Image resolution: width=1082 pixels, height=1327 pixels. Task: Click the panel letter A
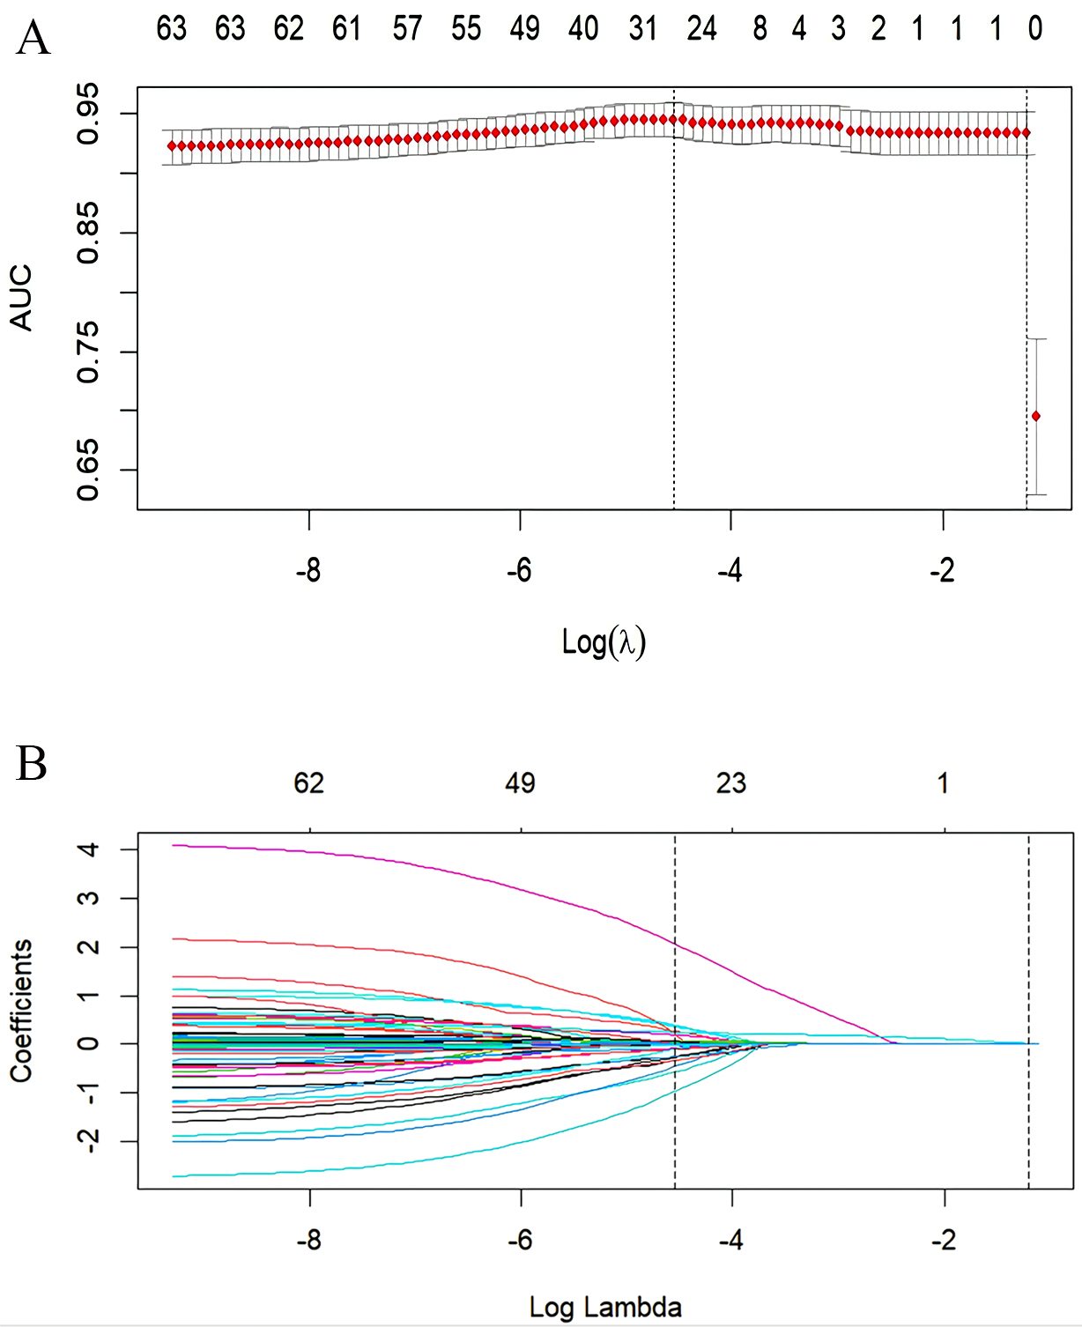pos(33,40)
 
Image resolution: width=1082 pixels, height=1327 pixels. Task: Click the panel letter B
pos(32,764)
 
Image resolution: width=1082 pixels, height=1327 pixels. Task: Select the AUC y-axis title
pos(21,298)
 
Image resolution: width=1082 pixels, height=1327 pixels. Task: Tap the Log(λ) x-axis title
pos(604,641)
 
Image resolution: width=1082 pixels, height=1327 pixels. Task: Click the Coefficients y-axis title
pos(21,1011)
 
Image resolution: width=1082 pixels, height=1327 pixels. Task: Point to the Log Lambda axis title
pos(605,1307)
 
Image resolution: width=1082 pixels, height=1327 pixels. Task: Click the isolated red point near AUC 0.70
pos(1036,416)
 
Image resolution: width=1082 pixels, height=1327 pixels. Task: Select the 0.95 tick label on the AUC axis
pos(88,113)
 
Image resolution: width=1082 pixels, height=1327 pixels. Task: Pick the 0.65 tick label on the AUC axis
pos(88,470)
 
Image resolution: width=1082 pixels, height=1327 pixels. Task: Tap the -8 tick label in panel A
pos(308,571)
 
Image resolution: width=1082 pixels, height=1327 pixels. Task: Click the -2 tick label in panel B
pos(943,1241)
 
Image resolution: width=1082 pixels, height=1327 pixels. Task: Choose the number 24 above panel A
pos(701,29)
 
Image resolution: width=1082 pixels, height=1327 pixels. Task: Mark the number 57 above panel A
pos(407,29)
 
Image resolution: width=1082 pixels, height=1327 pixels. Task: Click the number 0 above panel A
pos(1035,29)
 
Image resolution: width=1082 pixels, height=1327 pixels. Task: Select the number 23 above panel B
pos(731,783)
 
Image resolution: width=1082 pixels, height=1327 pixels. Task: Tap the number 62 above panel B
pos(309,783)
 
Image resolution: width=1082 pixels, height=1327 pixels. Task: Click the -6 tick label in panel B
pos(520,1241)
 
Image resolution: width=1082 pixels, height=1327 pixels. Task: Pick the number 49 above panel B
pos(520,783)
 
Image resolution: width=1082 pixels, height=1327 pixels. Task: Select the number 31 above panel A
pos(643,29)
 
